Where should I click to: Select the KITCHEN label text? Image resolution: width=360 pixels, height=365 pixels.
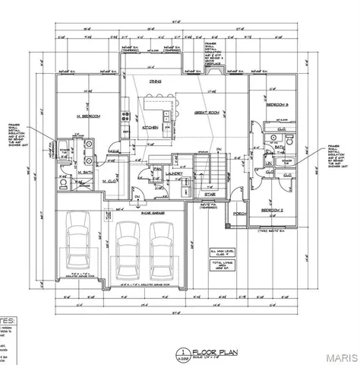click(149, 127)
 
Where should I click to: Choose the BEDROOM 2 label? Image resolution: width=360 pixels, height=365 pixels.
click(270, 208)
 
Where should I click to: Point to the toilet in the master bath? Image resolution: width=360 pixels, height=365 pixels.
click(63, 182)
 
